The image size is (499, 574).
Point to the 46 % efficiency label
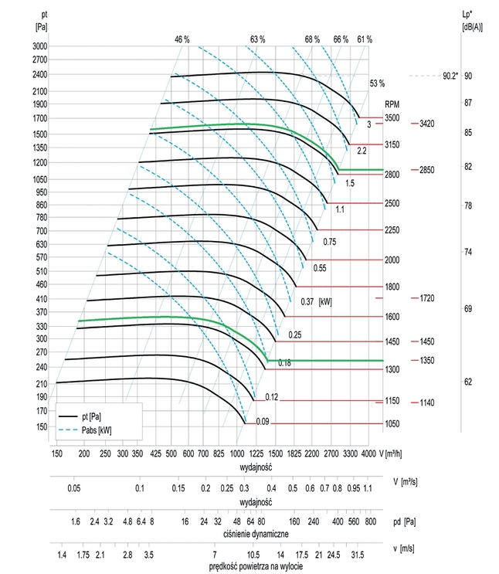point(182,39)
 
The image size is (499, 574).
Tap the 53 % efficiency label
point(377,83)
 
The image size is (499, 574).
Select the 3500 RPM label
point(392,117)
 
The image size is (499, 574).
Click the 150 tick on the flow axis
point(57,452)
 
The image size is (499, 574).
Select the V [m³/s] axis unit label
point(405,480)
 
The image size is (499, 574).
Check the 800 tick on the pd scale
point(369,523)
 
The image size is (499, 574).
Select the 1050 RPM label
point(392,424)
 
